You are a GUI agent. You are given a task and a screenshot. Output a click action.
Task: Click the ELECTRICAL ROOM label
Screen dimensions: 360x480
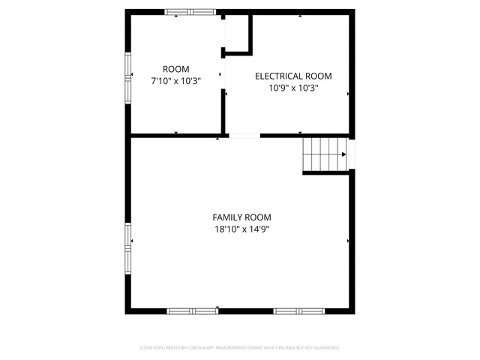(x=293, y=76)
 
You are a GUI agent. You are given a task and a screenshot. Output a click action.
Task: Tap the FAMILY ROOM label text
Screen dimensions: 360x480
(x=241, y=217)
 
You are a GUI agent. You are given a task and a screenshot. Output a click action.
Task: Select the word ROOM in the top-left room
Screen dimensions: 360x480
(x=176, y=68)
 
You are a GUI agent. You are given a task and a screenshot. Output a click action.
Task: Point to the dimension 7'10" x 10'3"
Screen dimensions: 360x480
(x=176, y=80)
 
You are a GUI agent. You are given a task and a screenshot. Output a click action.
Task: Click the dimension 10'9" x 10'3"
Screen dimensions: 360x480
(x=293, y=88)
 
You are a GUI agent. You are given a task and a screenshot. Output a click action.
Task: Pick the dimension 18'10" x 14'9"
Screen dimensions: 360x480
(x=241, y=229)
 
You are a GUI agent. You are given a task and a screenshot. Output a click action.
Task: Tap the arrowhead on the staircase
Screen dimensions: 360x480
(x=343, y=154)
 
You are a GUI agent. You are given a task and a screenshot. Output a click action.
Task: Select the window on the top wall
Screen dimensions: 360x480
(x=190, y=12)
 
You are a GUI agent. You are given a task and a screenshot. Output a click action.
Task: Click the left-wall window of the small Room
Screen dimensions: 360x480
(x=128, y=74)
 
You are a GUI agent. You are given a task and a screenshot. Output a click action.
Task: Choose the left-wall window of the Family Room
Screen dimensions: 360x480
(x=128, y=247)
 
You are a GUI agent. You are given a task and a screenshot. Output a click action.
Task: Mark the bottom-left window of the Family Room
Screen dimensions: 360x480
(x=192, y=310)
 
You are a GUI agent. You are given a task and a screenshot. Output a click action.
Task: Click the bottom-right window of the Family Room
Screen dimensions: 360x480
(x=298, y=310)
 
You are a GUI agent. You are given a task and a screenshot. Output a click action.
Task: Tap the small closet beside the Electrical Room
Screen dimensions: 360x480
(x=237, y=33)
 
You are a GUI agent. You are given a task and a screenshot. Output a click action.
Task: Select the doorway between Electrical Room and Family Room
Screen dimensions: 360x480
(x=244, y=136)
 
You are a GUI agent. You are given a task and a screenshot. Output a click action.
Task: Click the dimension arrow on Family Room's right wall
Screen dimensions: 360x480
(x=348, y=241)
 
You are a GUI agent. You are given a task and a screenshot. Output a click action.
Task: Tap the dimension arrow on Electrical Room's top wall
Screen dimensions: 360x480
(x=301, y=16)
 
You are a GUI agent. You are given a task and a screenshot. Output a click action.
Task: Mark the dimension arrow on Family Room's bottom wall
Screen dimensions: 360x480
(x=217, y=307)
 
